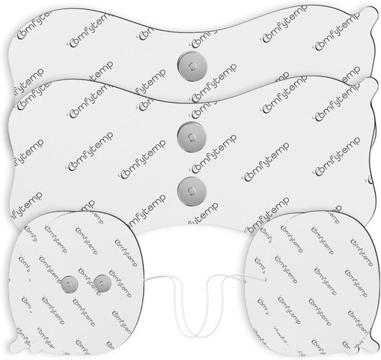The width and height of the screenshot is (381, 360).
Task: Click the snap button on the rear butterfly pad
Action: point(192,66)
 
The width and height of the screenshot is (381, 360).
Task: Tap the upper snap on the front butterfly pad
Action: point(191,137)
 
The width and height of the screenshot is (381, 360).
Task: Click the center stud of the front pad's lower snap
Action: point(191,191)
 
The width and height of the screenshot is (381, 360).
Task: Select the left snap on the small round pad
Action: point(69,284)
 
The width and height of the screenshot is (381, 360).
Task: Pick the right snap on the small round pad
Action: point(102,283)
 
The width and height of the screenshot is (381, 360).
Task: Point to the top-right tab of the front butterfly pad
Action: point(371,84)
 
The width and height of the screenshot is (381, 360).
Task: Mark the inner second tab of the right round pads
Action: point(351,349)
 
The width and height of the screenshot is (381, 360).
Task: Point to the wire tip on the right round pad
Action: point(264,280)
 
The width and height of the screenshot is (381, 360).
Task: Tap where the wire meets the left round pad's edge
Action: point(144,281)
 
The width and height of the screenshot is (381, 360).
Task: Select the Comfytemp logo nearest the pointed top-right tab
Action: point(337,31)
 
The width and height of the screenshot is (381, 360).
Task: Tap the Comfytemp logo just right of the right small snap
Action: point(120,284)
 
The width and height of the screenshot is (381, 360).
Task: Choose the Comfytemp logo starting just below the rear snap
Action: point(214,83)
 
